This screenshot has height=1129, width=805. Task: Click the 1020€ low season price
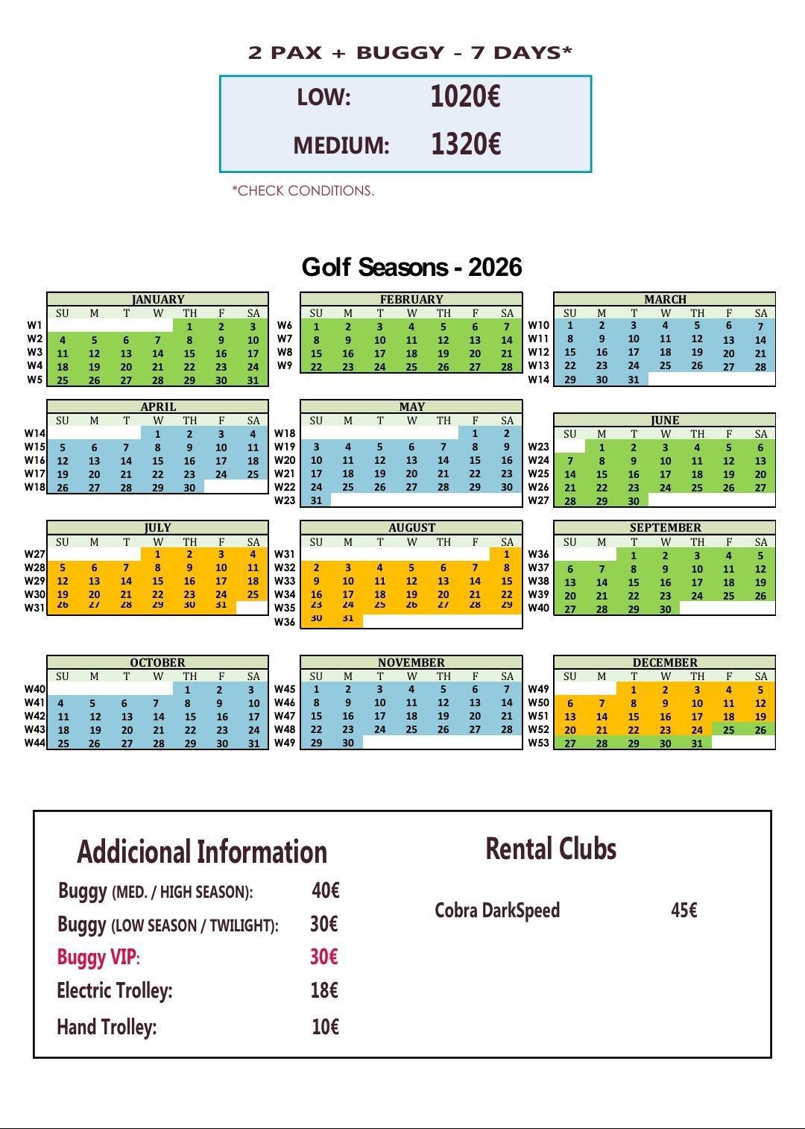pos(465,96)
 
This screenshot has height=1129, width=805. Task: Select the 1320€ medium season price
pos(465,144)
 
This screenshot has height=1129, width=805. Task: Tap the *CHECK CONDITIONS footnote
pos(303,191)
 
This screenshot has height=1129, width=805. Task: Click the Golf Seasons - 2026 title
pos(411,267)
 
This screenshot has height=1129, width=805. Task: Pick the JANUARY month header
pos(157,299)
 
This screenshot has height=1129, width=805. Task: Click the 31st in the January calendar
pos(253,380)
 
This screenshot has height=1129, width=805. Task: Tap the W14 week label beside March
pos(538,380)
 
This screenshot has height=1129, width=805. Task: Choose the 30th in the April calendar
pos(189,488)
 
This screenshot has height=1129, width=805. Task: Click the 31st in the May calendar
pos(316,500)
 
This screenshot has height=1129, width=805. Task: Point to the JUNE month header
pos(664,420)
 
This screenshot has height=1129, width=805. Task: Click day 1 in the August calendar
pos(507,554)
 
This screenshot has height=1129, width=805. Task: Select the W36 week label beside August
pos(285,622)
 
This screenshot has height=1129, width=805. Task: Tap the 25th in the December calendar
pos(728,730)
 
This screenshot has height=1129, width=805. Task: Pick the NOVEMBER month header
pos(411,662)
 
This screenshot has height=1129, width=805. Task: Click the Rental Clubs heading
pos(551,849)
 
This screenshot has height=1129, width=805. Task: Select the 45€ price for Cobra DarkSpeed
pos(684,911)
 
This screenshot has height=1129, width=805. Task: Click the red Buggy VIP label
pos(98,957)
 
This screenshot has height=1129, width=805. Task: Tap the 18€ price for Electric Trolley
pos(324,990)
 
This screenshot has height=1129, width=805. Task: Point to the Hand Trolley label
pos(107,1027)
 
